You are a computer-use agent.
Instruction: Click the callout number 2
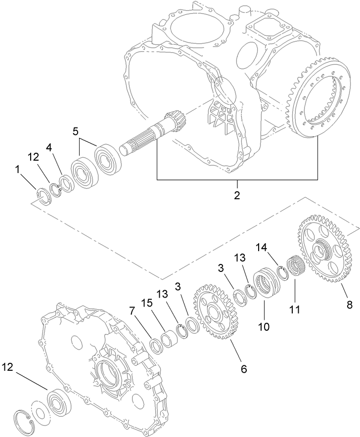click(237, 195)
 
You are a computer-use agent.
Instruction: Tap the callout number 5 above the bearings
click(75, 132)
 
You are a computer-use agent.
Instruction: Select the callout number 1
click(18, 170)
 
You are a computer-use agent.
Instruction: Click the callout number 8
click(349, 305)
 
